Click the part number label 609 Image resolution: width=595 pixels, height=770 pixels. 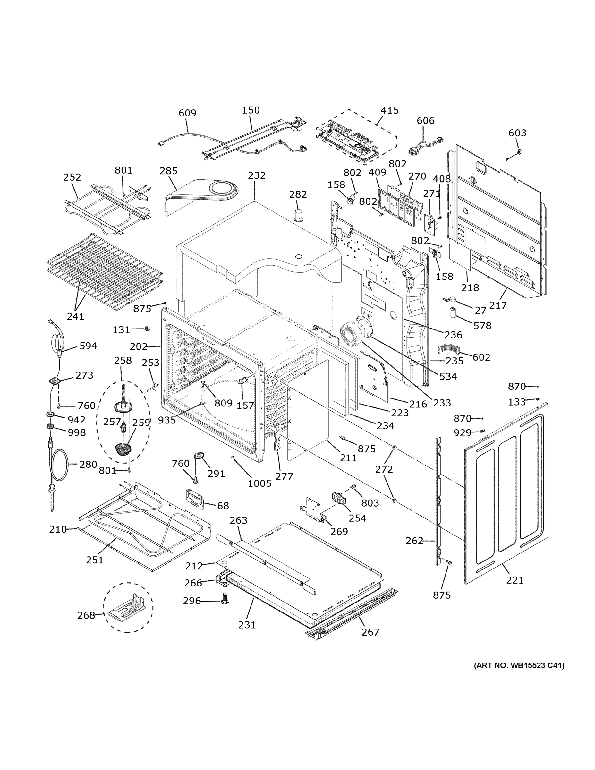[x=187, y=113]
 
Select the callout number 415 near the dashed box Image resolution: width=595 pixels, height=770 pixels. [x=389, y=110]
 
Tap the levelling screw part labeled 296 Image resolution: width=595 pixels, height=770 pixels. [x=224, y=599]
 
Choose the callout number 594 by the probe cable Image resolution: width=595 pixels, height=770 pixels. [x=88, y=346]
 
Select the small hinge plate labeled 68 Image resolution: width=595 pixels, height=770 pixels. [x=195, y=499]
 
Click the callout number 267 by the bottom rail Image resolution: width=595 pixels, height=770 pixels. [x=370, y=632]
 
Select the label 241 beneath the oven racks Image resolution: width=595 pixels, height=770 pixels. [x=75, y=316]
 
